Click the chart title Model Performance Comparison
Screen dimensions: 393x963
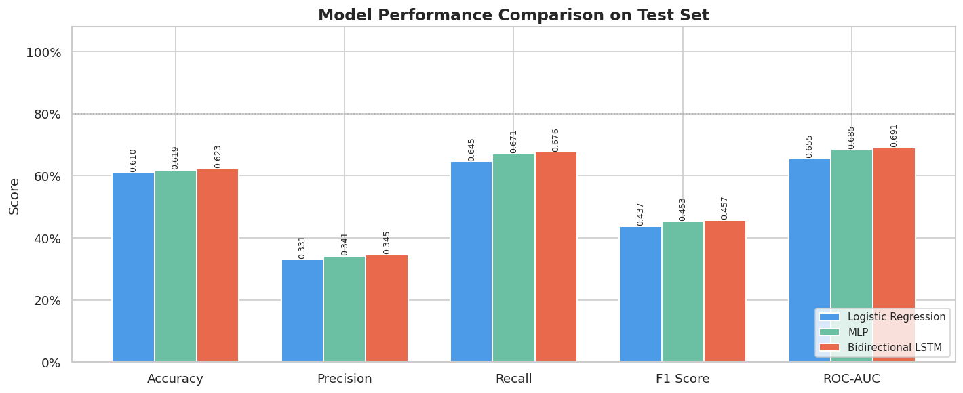(x=513, y=15)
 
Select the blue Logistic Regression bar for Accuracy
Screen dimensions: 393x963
(x=133, y=268)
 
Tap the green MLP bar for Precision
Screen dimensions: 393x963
(x=345, y=309)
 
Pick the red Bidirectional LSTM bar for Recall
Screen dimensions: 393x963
(x=556, y=257)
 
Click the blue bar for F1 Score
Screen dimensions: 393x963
(x=640, y=294)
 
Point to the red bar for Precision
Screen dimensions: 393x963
(x=387, y=308)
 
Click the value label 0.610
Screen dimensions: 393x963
(x=134, y=160)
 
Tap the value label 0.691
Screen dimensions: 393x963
(x=894, y=135)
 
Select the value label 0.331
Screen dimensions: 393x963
(x=302, y=247)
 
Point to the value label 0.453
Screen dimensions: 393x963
(x=682, y=209)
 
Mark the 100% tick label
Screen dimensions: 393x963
(x=43, y=52)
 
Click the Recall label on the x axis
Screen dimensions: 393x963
(x=513, y=379)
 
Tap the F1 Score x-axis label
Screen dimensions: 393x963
(x=682, y=379)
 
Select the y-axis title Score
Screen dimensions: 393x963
(x=14, y=196)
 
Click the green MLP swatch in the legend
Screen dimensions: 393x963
(x=829, y=333)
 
